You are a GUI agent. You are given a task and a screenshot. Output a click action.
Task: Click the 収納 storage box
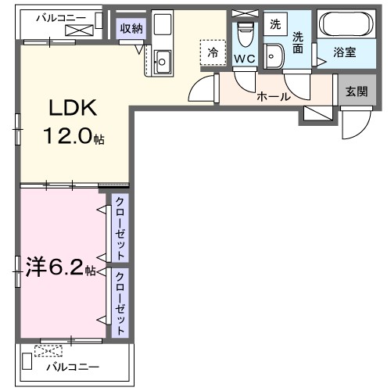pyautogui.click(x=130, y=29)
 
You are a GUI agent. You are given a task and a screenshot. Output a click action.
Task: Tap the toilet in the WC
pyautogui.click(x=244, y=34)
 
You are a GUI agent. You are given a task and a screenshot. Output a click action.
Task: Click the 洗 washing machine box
pyautogui.click(x=274, y=24)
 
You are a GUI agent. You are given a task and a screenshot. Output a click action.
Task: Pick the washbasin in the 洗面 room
pyautogui.click(x=274, y=55)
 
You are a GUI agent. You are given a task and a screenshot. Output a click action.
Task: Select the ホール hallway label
pyautogui.click(x=274, y=97)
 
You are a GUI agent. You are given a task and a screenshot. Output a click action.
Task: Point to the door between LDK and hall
pyautogui.click(x=204, y=89)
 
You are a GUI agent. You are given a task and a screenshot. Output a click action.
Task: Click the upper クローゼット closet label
pyautogui.click(x=120, y=228)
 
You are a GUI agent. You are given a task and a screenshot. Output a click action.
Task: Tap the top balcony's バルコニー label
pyautogui.click(x=58, y=16)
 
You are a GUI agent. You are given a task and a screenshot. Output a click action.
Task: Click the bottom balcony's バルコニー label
pyautogui.click(x=72, y=366)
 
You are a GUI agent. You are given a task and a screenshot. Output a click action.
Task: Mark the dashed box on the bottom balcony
pyautogui.click(x=51, y=351)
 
